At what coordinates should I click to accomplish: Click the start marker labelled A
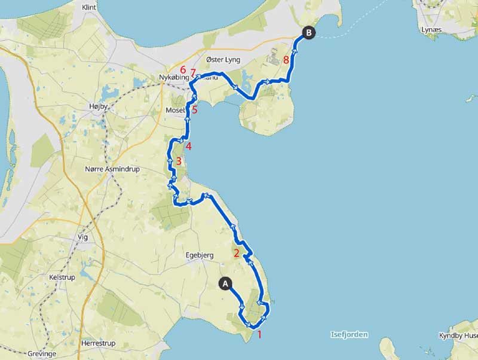tap(226, 283)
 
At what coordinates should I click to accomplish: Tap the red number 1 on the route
tap(259, 334)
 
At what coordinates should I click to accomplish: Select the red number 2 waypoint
tap(237, 253)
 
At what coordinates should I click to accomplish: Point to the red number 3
tap(178, 161)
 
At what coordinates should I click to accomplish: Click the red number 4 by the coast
tap(188, 147)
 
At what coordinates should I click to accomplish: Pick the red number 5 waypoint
tap(194, 109)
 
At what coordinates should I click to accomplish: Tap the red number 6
tap(183, 70)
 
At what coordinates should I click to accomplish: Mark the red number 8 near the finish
tap(287, 60)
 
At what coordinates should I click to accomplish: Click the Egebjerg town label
tap(200, 255)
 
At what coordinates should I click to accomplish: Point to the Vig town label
tap(82, 237)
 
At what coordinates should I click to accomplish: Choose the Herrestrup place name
tap(98, 343)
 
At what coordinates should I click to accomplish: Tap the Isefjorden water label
tap(349, 335)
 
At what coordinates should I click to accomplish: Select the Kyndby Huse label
tap(458, 335)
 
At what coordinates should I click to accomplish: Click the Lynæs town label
tap(431, 29)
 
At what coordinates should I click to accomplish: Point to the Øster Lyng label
tap(222, 60)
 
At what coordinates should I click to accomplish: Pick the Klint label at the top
tap(89, 8)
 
